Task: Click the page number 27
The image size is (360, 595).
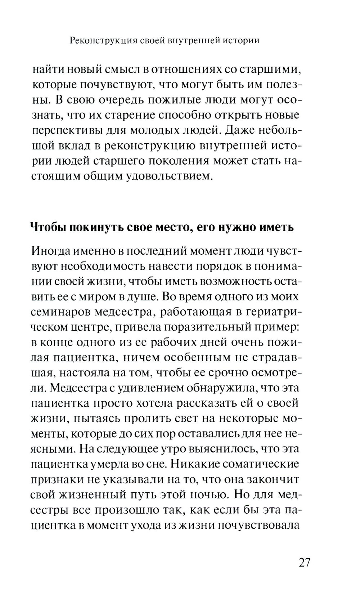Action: point(304,562)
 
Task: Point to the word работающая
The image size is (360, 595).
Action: point(195,312)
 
